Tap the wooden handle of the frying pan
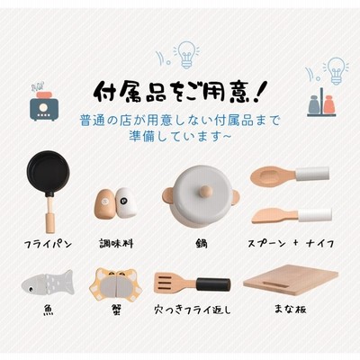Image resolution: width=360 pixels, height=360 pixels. pos(50,215)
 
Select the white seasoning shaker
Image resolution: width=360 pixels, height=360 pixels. pos(126,202)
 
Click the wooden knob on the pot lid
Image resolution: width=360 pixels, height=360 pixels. pos(206,191)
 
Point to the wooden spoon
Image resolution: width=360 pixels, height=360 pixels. pos(290,175)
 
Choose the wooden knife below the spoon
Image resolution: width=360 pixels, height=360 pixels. pos(292,215)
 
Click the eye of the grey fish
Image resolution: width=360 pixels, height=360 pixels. pos(31,289)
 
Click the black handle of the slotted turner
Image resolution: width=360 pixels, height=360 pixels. pos(213,284)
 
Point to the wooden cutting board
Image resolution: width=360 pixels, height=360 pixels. pos(291,280)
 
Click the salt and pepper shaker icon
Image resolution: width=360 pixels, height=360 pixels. pos(321,103)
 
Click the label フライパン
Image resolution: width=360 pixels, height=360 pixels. pos(49,244)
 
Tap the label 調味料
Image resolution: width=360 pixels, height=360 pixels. pos(116,243)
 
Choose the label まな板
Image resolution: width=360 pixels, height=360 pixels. pos(291,309)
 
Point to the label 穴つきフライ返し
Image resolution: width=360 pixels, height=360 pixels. pos(193,310)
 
